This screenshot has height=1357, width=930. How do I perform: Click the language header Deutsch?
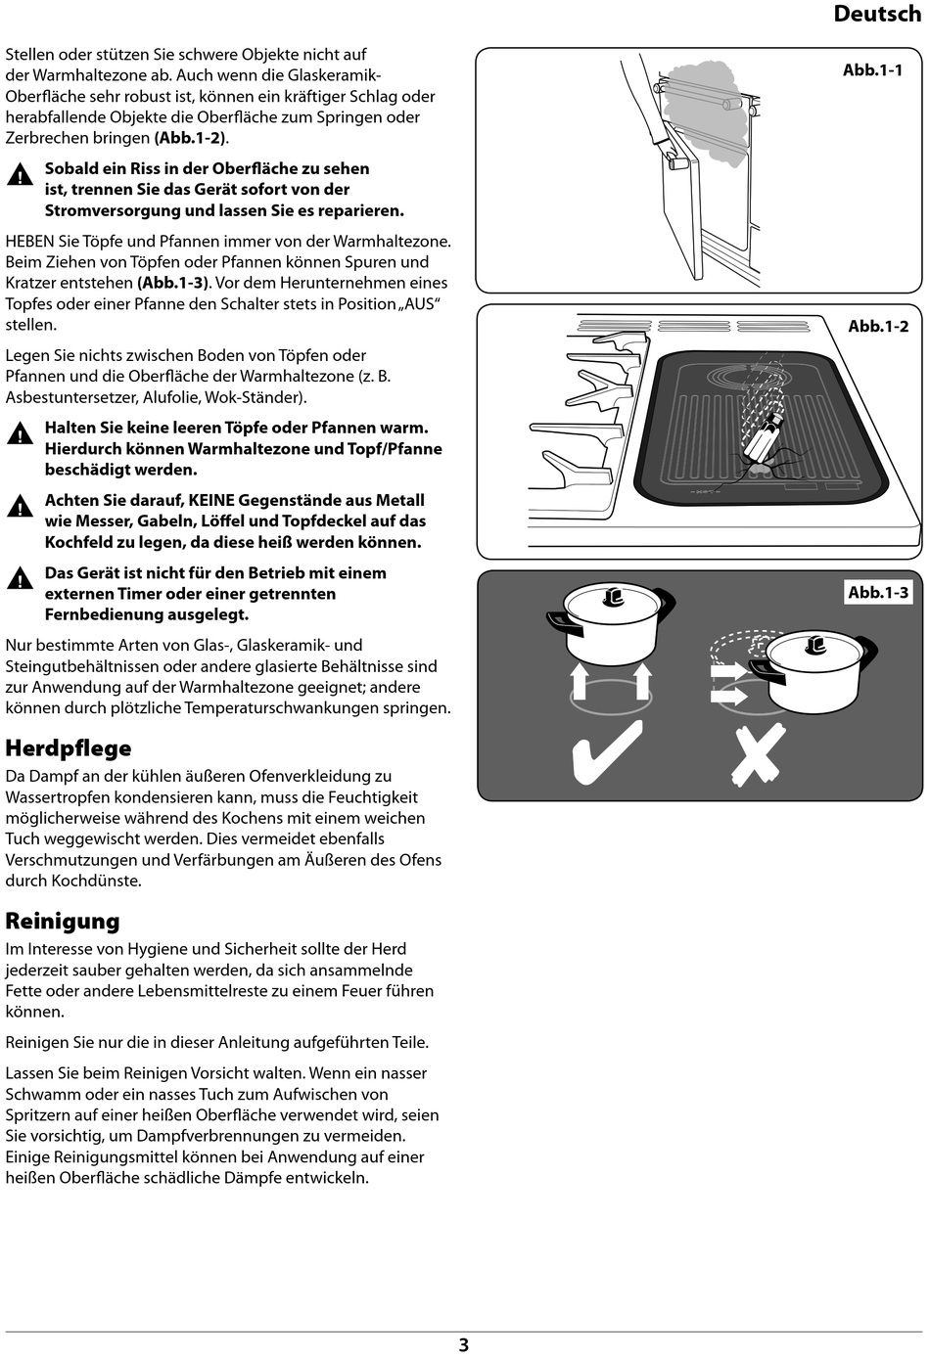click(x=876, y=14)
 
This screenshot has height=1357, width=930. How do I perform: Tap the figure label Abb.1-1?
click(x=872, y=70)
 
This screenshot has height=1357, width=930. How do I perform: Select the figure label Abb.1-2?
click(x=877, y=327)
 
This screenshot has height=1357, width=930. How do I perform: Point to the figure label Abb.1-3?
click(x=877, y=593)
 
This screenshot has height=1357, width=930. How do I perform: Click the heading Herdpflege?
click(x=69, y=748)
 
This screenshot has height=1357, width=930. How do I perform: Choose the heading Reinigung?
click(x=63, y=922)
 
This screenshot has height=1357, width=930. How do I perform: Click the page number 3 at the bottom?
click(x=464, y=1345)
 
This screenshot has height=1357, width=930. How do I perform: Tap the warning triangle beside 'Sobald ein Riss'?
click(x=20, y=177)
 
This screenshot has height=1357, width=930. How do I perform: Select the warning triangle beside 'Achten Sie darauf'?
click(x=20, y=507)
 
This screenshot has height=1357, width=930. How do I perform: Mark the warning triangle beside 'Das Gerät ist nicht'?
click(x=20, y=579)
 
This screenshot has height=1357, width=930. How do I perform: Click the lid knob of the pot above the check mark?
click(x=614, y=596)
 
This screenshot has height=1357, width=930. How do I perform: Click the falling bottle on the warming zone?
click(x=763, y=440)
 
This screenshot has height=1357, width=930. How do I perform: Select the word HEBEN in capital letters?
click(x=29, y=242)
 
